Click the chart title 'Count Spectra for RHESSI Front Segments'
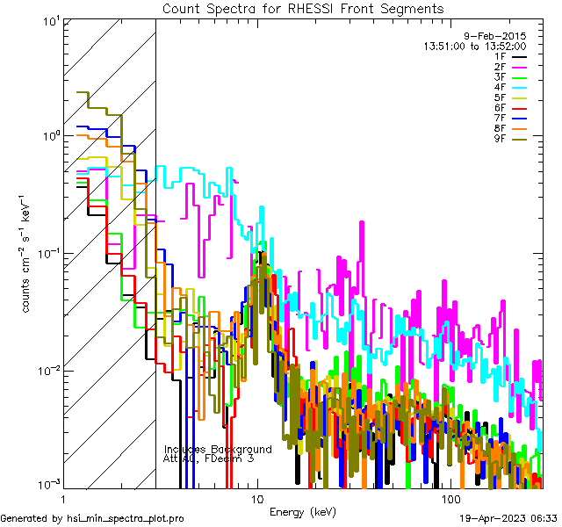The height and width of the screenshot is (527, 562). pos(303,9)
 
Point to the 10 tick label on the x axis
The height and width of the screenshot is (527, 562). pos(256,499)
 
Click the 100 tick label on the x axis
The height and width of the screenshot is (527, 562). pos(450,499)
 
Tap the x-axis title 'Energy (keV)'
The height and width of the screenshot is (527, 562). pos(303,511)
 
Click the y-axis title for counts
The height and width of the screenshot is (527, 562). pos(29,253)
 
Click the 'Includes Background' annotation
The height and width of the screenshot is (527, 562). pos(218,449)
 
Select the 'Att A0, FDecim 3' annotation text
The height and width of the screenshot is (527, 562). pos(208,458)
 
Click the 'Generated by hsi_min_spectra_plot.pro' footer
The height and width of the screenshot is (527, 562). pos(92,518)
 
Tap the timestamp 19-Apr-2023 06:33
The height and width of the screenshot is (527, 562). pos(508,518)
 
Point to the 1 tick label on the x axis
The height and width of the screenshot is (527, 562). pos(63,499)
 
